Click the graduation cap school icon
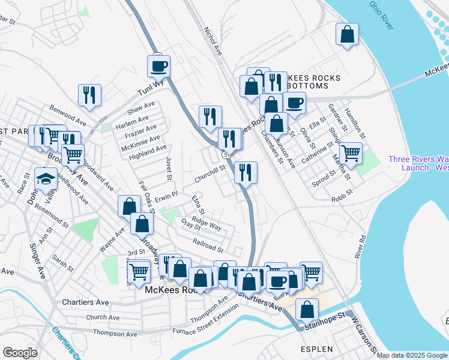click(x=46, y=179)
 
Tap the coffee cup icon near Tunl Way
click(x=159, y=66)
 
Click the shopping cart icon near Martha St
click(x=350, y=152)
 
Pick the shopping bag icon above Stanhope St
click(x=307, y=310)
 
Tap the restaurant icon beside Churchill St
click(x=246, y=172)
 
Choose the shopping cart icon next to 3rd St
click(x=139, y=271)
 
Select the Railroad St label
click(x=208, y=245)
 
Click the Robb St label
click(x=341, y=199)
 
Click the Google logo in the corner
click(x=20, y=353)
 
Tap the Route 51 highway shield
click(x=224, y=154)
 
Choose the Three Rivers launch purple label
click(x=418, y=163)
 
